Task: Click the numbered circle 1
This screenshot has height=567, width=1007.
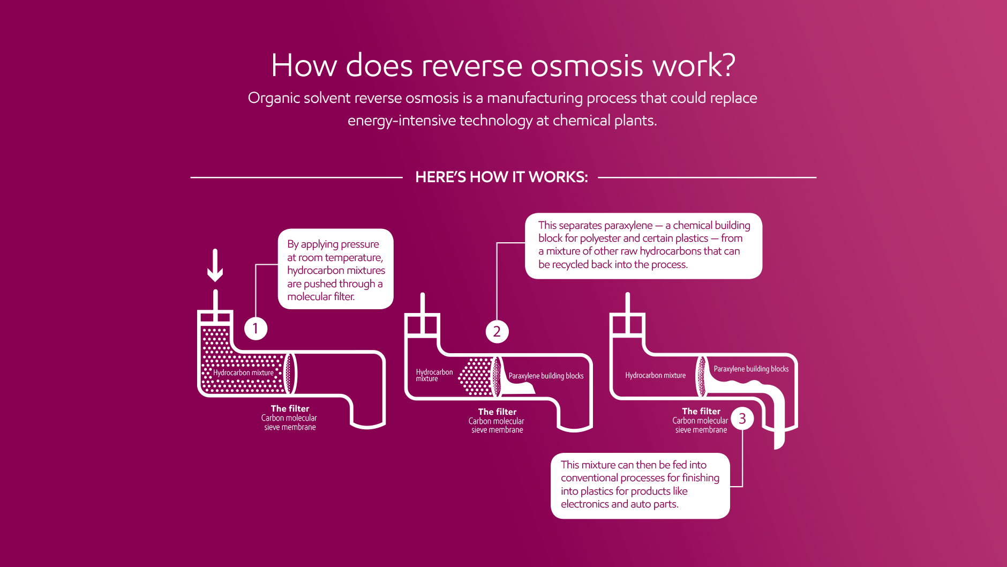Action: (x=255, y=328)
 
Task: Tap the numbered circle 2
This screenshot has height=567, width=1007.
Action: (x=497, y=331)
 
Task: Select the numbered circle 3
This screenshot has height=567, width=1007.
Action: (x=742, y=419)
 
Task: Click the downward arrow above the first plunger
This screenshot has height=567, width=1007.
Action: (x=215, y=265)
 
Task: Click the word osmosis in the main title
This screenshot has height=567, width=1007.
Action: (x=587, y=65)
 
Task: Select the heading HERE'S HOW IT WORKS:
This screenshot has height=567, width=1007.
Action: (x=501, y=177)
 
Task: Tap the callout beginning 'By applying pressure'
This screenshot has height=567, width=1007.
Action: (x=336, y=269)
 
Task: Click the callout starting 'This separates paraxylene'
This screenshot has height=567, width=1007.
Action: (x=644, y=246)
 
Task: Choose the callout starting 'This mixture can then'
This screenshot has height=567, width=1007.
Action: (x=640, y=486)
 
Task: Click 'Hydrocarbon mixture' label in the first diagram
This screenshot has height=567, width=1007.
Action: (x=243, y=372)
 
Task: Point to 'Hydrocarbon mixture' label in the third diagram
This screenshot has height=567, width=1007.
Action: (x=655, y=375)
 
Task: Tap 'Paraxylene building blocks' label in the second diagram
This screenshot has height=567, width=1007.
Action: (x=546, y=376)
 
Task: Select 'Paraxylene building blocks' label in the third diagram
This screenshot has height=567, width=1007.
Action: (x=751, y=369)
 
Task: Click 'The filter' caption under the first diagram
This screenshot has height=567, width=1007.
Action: (x=290, y=408)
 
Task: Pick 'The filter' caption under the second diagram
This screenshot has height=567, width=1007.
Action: (x=497, y=412)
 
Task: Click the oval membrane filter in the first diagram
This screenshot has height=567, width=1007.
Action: (x=290, y=373)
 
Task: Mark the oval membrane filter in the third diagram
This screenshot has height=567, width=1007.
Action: (x=702, y=377)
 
